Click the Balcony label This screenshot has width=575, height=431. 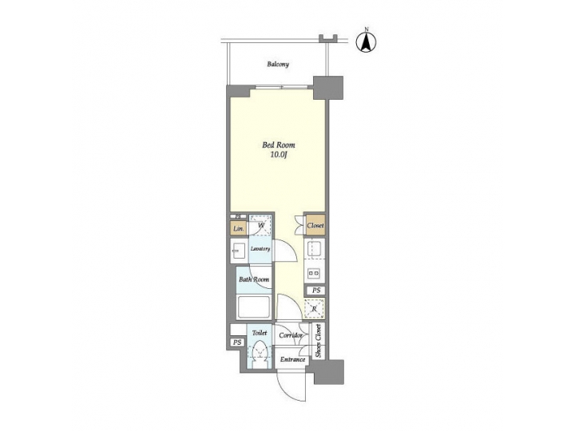click(x=278, y=65)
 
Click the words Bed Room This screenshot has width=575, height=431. click(x=280, y=145)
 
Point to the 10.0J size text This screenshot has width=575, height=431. click(x=280, y=156)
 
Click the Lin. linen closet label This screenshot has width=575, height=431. click(x=238, y=229)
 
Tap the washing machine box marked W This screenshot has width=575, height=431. click(x=260, y=224)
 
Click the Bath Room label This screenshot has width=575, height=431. click(x=253, y=279)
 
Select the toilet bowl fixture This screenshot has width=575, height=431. click(x=260, y=353)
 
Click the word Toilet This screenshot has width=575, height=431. click(x=260, y=333)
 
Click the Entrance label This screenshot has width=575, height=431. click(x=293, y=360)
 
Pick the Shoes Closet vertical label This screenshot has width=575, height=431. click(x=319, y=341)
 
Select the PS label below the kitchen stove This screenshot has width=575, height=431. click(x=316, y=290)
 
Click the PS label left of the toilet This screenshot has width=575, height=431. click(x=236, y=342)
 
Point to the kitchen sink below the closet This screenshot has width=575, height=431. click(x=315, y=247)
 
